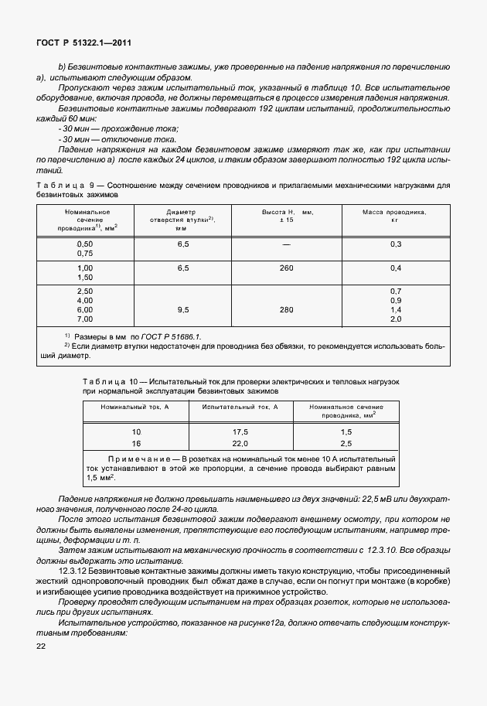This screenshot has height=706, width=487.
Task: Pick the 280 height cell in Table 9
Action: (288, 309)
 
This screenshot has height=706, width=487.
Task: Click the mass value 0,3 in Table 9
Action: (396, 244)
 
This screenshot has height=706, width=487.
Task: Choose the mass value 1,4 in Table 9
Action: (396, 309)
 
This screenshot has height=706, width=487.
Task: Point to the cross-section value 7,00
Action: (85, 319)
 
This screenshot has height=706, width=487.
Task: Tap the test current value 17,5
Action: (240, 431)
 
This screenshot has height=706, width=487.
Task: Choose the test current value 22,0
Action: (240, 443)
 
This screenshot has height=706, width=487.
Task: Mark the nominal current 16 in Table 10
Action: (137, 443)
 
